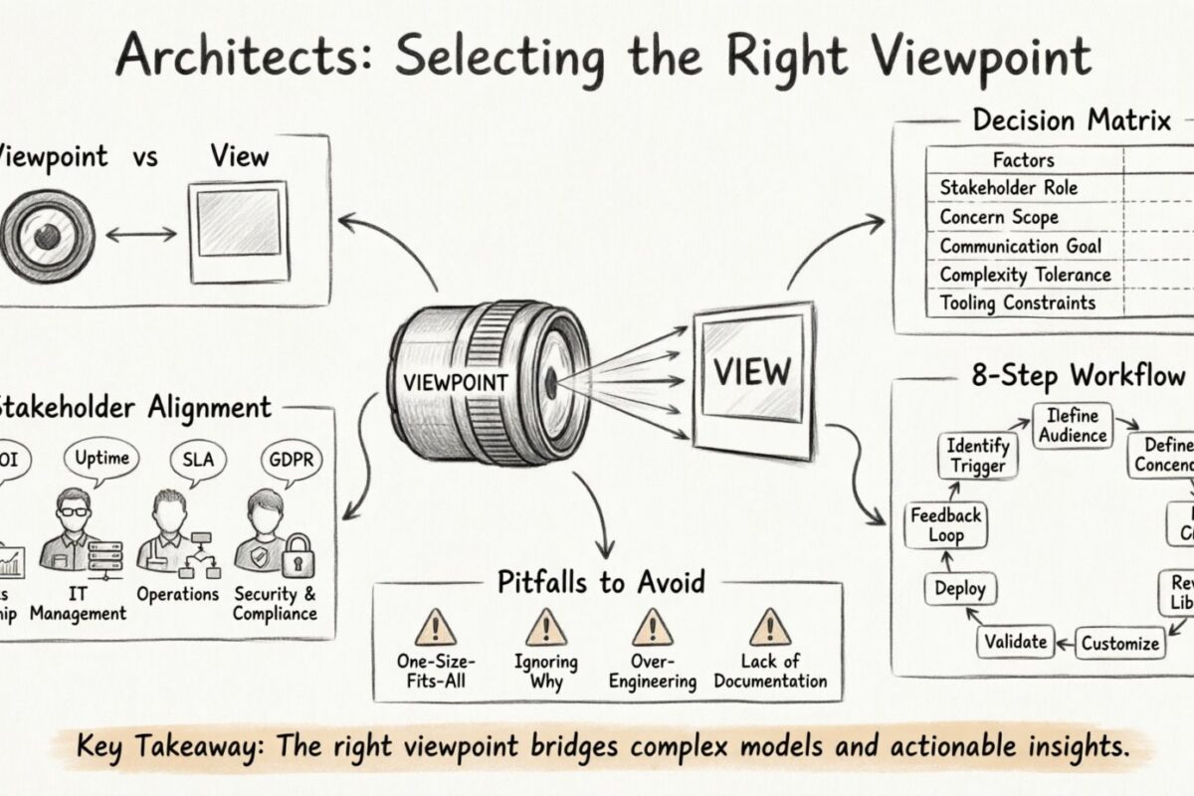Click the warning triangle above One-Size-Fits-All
pos(435,628)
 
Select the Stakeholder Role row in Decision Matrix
pos(1008,187)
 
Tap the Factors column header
pos(1023,159)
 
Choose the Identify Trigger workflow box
pos(976,456)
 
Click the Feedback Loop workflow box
pos(946,523)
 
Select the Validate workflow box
pos(1014,642)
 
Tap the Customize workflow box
pos(1120,643)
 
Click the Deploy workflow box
pos(959,589)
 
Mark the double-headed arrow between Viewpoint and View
pos(140,236)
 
